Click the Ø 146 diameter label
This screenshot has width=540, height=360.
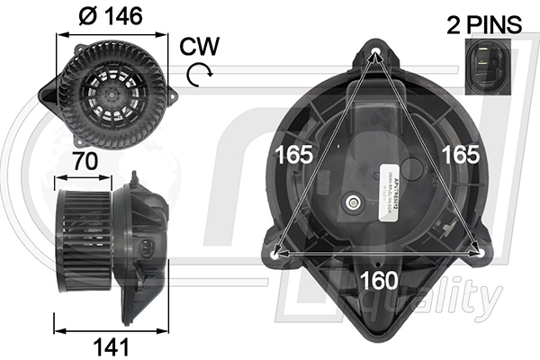pyautogui.click(x=112, y=15)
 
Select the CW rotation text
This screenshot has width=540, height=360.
pyautogui.click(x=197, y=46)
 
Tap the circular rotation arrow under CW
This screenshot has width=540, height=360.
pyautogui.click(x=199, y=75)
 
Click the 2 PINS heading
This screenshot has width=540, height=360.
pyautogui.click(x=484, y=24)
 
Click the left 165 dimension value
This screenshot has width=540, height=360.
pyautogui.click(x=294, y=154)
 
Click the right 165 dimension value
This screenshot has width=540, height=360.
pyautogui.click(x=459, y=154)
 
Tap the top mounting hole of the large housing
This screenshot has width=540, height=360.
pyautogui.click(x=376, y=54)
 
